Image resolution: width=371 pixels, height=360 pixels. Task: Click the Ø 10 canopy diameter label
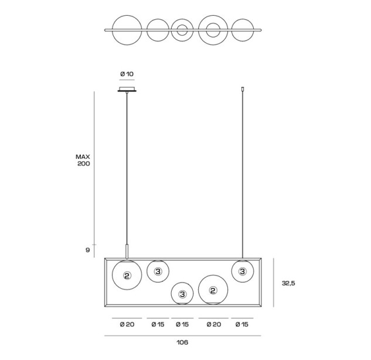click(x=127, y=74)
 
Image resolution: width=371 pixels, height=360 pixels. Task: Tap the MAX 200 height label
click(x=83, y=160)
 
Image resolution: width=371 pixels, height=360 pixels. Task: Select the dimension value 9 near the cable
click(x=87, y=250)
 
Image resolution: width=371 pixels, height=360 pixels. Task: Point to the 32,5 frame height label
click(x=288, y=283)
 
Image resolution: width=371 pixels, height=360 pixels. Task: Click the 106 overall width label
click(x=182, y=342)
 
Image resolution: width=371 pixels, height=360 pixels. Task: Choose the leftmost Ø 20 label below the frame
click(x=127, y=324)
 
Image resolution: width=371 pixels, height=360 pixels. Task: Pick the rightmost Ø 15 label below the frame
click(x=242, y=324)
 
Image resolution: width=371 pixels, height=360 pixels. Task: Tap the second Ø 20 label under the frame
click(x=214, y=324)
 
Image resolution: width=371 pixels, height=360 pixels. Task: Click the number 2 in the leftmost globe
click(x=127, y=276)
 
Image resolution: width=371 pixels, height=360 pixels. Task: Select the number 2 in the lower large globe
click(x=213, y=290)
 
